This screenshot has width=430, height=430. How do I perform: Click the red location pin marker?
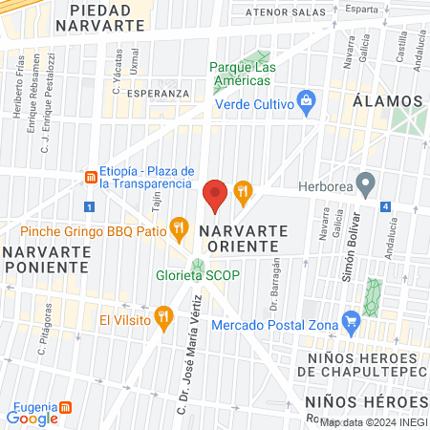215,195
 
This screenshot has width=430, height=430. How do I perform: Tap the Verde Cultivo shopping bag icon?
307,99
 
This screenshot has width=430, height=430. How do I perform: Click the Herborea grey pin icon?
364,182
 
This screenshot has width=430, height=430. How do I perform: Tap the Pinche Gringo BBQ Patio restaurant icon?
178,226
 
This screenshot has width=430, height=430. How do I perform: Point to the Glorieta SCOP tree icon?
198,265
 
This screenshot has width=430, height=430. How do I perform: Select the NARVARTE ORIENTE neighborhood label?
239,240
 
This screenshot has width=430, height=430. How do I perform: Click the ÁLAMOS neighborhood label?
387,101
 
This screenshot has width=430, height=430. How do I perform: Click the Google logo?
32,418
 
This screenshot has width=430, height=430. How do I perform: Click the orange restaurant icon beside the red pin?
243,190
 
